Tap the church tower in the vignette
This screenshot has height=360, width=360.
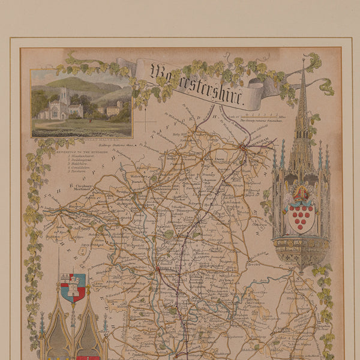click(64, 96)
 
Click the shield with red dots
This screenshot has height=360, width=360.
click(301, 217)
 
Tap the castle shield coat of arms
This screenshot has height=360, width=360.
click(73, 287)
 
